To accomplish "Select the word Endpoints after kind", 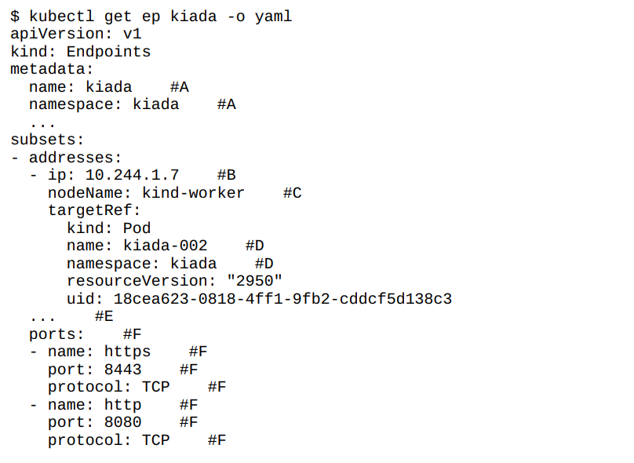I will [x=108, y=52].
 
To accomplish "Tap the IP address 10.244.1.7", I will [x=132, y=175].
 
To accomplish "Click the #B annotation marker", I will [x=226, y=175].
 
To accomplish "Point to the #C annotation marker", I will [x=292, y=193].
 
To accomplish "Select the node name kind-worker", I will [x=193, y=193].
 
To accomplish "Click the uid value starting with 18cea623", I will [x=282, y=299].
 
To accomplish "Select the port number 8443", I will [x=122, y=370].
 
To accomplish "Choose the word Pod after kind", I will [x=137, y=228].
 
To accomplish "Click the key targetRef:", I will [x=94, y=210].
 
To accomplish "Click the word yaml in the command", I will [x=273, y=16].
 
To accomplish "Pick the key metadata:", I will [x=52, y=69].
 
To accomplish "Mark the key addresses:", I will [x=75, y=158].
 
